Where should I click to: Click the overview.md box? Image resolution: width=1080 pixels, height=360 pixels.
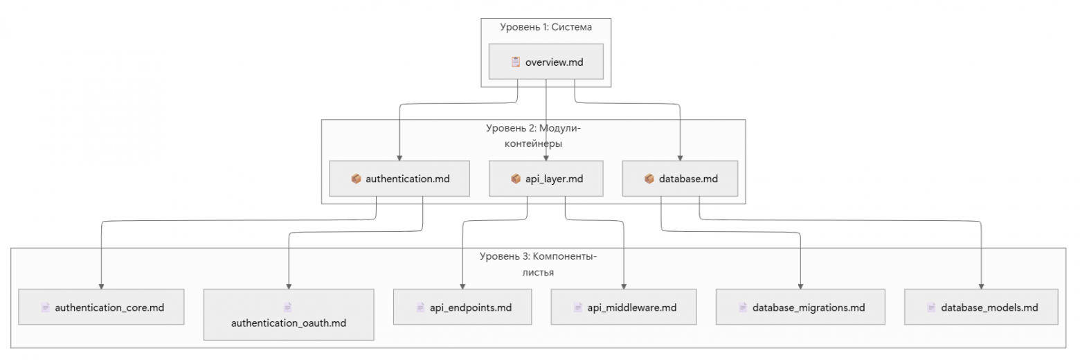point(546,62)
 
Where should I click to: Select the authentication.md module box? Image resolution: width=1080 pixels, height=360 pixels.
point(399,179)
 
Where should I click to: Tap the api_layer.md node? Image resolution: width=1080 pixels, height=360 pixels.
point(546,179)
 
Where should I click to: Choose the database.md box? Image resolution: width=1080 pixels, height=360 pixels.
point(680,179)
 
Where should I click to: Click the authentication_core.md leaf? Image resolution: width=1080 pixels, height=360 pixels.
point(101,307)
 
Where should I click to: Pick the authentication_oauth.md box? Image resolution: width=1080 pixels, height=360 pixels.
point(288,314)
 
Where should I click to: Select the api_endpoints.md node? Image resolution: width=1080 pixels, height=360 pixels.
point(463,307)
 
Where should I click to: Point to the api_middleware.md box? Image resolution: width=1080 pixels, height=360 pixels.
point(624,307)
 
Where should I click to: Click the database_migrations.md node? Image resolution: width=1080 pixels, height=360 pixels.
point(800,307)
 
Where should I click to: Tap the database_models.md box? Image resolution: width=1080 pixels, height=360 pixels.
point(982,307)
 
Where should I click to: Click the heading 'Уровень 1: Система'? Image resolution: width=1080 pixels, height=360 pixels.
point(546,26)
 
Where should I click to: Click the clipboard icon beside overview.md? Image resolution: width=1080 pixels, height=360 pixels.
point(515,62)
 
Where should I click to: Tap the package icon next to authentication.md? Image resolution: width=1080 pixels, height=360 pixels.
point(356,179)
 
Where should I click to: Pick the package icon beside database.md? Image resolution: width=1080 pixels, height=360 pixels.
point(649,179)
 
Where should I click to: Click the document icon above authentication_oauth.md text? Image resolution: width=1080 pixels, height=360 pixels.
point(288,307)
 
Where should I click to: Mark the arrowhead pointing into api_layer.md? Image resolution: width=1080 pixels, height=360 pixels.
point(546,158)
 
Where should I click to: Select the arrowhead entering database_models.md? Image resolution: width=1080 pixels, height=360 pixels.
point(982,286)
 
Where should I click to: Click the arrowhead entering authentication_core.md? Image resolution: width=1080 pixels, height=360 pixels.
point(101,286)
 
